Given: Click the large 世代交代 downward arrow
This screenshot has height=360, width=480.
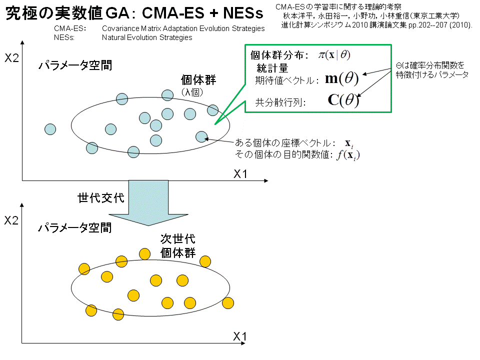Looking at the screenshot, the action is click(148, 202).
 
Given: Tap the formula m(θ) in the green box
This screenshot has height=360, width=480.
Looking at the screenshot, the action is click(341, 78).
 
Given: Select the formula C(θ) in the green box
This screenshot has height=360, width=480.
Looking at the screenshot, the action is click(343, 100).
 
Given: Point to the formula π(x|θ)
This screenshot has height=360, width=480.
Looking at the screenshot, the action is click(334, 55).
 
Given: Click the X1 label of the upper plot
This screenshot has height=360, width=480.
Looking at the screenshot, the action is click(240, 174).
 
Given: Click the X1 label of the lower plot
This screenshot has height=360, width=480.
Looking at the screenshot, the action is click(239, 336).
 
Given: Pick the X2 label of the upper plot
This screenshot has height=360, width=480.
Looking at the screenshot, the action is click(11, 58).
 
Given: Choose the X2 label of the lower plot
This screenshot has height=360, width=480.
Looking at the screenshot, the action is click(11, 220).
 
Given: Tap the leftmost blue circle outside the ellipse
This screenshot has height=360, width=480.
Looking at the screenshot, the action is click(50, 129).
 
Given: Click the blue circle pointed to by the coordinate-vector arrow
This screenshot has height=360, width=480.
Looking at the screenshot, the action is click(201, 137).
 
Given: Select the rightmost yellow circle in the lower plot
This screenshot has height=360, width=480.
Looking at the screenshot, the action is click(228, 303).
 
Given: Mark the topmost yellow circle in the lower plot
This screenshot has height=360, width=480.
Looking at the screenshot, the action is click(144, 254).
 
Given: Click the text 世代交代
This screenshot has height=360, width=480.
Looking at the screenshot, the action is click(101, 198).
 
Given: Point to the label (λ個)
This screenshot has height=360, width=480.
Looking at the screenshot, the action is click(192, 92).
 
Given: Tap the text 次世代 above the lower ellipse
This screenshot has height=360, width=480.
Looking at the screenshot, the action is click(178, 239).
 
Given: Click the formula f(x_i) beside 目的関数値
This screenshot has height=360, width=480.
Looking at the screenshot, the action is click(348, 155).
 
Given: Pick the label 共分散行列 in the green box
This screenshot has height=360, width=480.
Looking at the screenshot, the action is click(280, 102).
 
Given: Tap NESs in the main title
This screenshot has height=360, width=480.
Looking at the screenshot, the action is click(243, 13).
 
